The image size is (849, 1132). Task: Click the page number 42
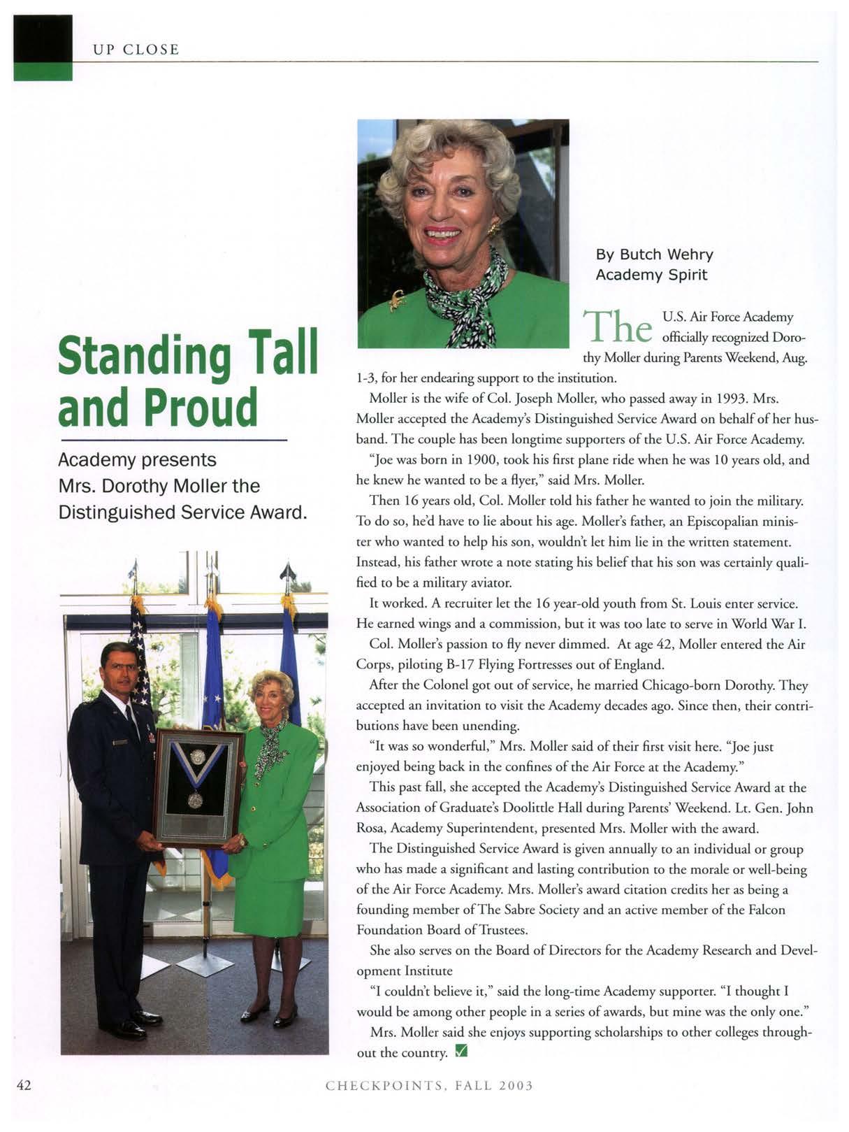pyautogui.click(x=24, y=1084)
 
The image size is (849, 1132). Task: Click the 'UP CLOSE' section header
pyautogui.click(x=136, y=50)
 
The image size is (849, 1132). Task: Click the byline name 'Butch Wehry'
pyautogui.click(x=667, y=255)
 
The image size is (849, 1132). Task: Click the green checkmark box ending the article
pyautogui.click(x=460, y=1051)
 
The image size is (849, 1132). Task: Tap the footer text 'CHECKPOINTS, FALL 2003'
pyautogui.click(x=429, y=1085)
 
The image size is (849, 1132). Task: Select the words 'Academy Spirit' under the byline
pyautogui.click(x=651, y=275)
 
